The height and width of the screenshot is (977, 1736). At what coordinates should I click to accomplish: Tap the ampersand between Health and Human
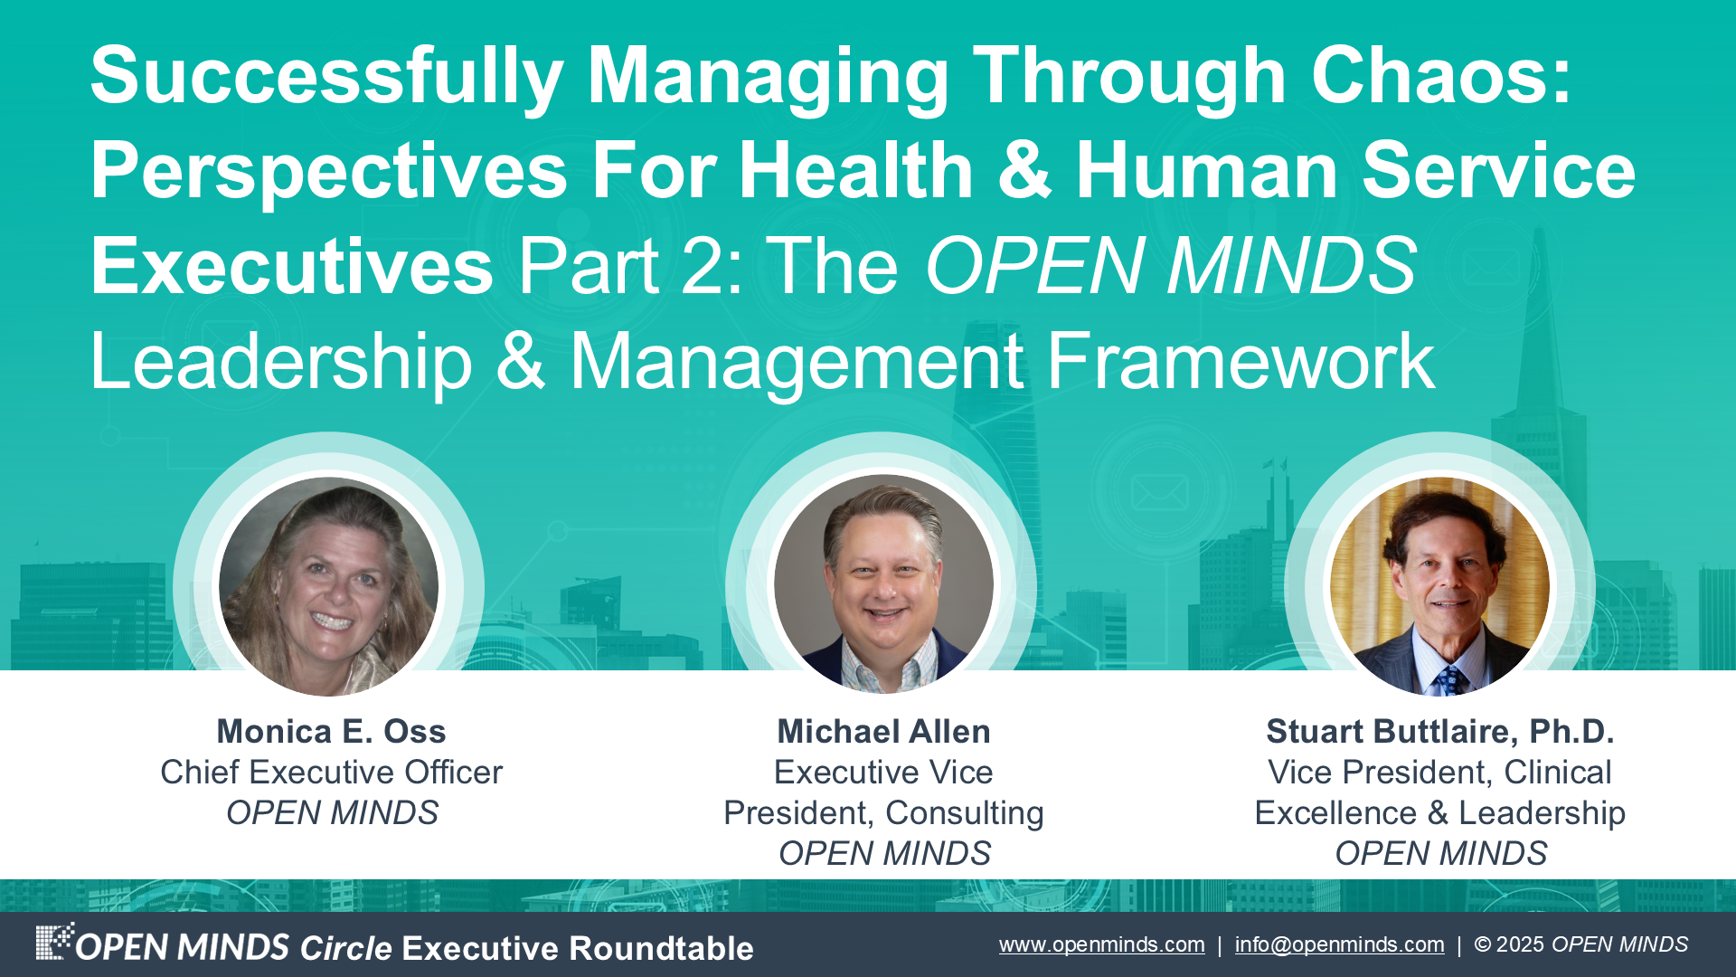point(1024,172)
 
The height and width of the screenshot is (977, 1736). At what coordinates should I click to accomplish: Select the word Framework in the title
point(1241,362)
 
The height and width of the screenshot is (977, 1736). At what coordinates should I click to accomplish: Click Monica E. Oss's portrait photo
point(329,586)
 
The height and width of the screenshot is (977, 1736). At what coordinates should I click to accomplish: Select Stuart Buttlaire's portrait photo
point(1439,586)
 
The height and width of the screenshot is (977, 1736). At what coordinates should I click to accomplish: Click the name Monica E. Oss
point(331,731)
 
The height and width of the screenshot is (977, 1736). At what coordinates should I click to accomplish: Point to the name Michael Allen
point(883,731)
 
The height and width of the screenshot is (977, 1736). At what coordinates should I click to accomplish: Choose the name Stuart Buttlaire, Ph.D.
point(1439,731)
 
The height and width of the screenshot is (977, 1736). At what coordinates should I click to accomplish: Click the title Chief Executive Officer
point(331,772)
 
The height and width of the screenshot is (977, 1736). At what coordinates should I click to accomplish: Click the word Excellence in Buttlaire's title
point(1335,812)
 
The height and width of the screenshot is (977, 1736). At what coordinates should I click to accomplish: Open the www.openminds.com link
point(1101,944)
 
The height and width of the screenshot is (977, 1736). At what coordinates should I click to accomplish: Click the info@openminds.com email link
point(1339,944)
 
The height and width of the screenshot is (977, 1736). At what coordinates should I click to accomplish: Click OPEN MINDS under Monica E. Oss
point(331,812)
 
